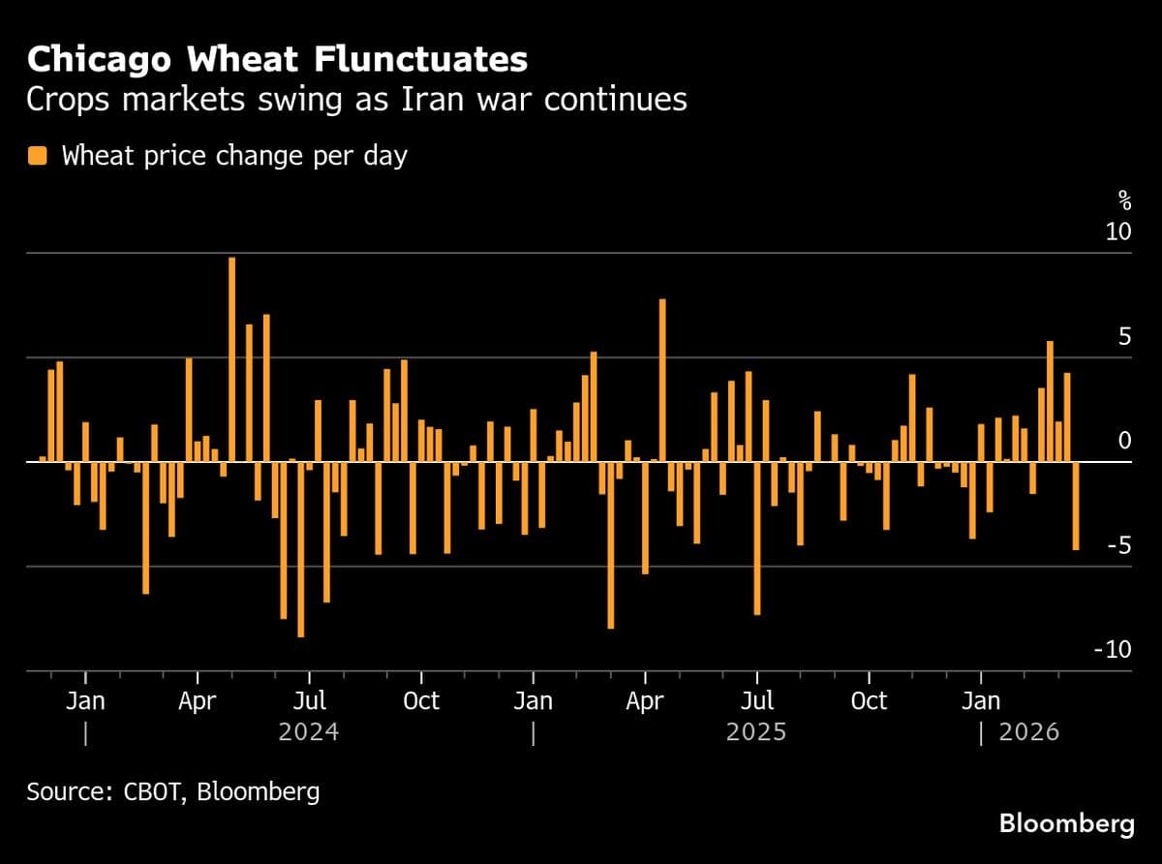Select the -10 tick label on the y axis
(x=1112, y=650)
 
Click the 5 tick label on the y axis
(x=1123, y=337)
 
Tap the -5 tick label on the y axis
(x=1117, y=545)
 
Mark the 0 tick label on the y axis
(x=1123, y=441)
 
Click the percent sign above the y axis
(x=1124, y=201)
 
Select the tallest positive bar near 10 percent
(x=231, y=358)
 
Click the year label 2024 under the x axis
(x=308, y=731)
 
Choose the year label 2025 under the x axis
(x=755, y=731)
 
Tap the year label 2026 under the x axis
(x=1028, y=731)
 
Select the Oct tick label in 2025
(x=869, y=700)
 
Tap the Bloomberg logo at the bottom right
(x=1066, y=825)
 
